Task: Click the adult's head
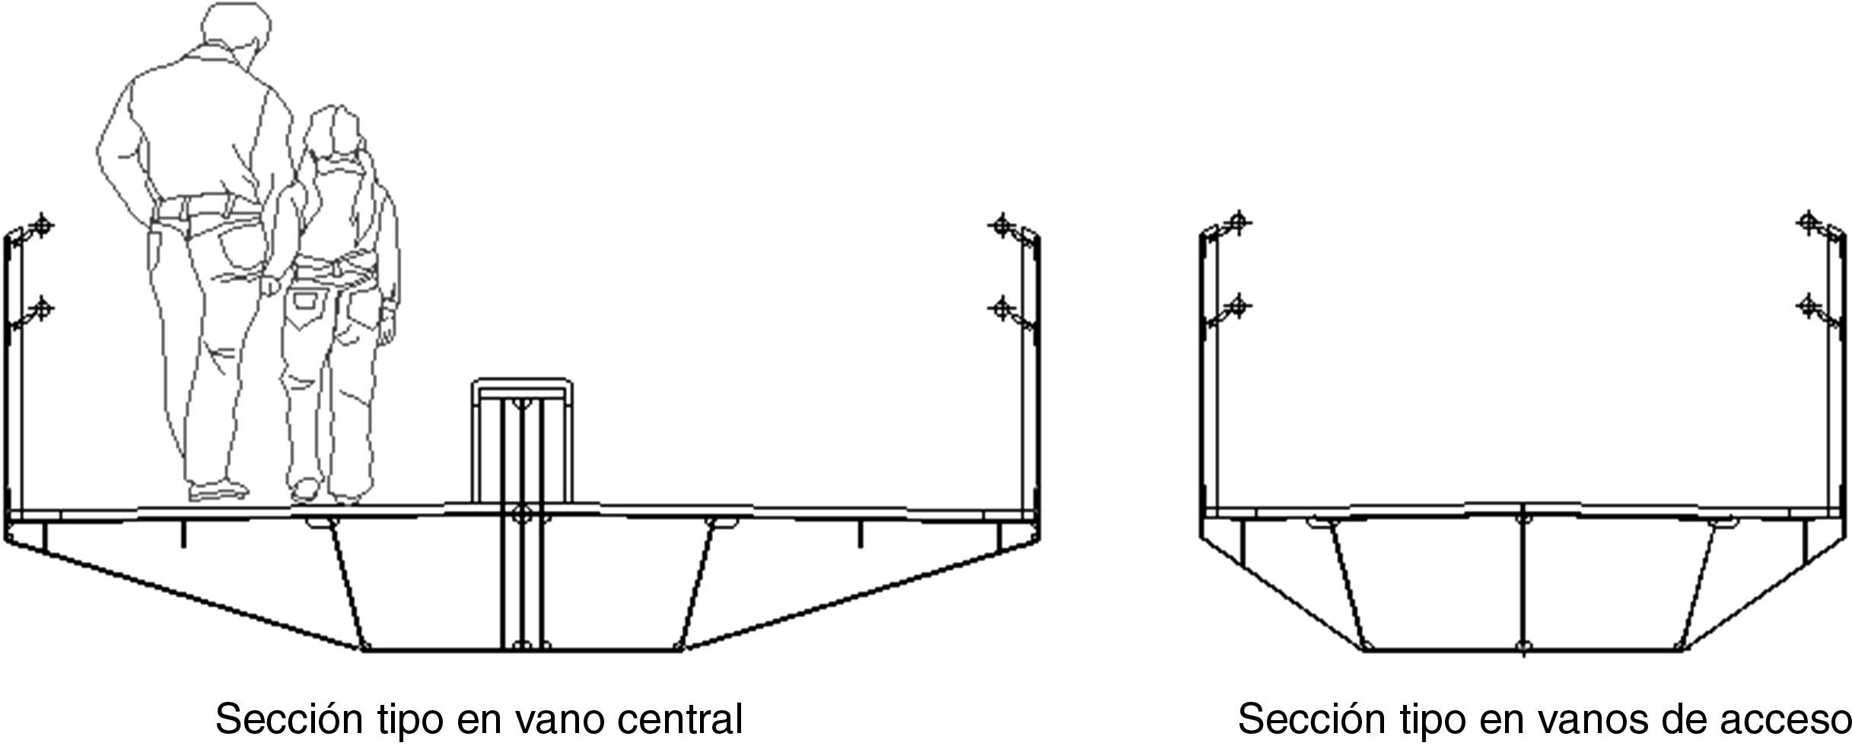[238, 34]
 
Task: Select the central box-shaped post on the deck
[522, 442]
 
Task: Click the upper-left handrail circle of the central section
[43, 225]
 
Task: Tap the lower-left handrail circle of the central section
[43, 309]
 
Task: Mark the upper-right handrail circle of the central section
[1002, 225]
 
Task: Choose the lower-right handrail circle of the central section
[1002, 308]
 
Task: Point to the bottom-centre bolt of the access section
[1523, 648]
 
